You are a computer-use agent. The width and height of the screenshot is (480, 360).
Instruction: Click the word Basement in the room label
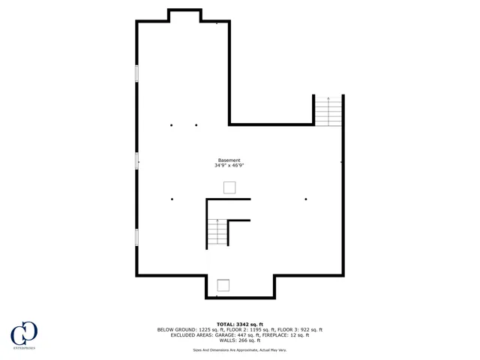click(229, 160)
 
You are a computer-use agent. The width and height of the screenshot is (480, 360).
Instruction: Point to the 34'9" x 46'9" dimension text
click(229, 166)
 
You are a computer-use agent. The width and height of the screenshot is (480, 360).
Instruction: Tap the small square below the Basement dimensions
click(229, 187)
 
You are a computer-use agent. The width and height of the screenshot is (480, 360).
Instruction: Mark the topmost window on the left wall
click(136, 73)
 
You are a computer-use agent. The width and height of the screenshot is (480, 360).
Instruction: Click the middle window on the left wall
click(136, 160)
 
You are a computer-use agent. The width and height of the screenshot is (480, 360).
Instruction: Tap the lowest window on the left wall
click(136, 236)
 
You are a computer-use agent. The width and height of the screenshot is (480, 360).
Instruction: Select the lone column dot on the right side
click(306, 199)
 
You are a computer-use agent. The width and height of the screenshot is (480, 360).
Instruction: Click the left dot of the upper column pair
click(172, 125)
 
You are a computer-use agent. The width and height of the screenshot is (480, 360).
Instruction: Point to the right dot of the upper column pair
click(196, 125)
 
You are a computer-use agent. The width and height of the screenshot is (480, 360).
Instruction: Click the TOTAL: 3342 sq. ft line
click(240, 324)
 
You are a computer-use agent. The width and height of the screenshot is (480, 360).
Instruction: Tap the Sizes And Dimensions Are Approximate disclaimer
click(239, 349)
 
